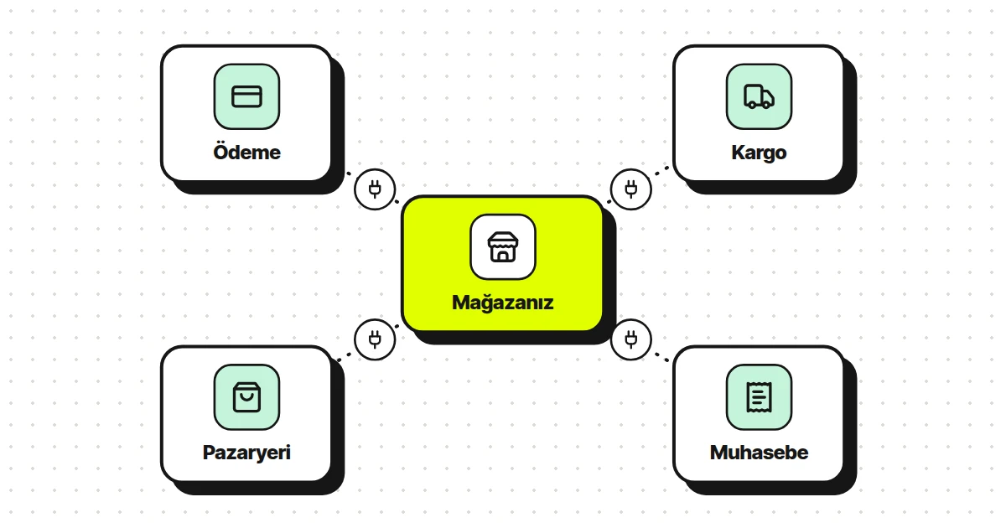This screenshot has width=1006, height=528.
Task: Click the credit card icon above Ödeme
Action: [x=246, y=96]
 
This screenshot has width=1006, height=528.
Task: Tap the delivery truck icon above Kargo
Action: [x=759, y=96]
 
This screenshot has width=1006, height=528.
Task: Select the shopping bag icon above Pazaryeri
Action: [x=246, y=397]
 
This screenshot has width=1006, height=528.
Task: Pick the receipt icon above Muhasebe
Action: [x=759, y=397]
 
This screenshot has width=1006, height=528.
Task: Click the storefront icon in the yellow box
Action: [x=503, y=246]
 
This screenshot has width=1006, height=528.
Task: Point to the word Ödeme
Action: [x=246, y=153]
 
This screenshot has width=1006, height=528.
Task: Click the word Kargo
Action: [x=759, y=153]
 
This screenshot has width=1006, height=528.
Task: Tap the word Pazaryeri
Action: [x=246, y=453]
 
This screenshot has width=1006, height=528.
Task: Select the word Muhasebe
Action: [x=759, y=453]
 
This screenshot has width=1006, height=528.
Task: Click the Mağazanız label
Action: [x=503, y=303]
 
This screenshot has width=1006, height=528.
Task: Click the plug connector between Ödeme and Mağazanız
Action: [x=375, y=189]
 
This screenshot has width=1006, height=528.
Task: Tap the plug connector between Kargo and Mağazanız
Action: [x=631, y=189]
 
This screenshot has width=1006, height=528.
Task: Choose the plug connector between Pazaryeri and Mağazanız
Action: [x=375, y=339]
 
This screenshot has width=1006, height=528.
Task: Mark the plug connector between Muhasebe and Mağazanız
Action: [x=631, y=339]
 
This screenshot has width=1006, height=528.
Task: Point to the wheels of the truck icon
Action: [x=760, y=105]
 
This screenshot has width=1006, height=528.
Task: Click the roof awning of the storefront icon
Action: [x=503, y=240]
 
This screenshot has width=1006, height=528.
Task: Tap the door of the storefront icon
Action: [x=503, y=256]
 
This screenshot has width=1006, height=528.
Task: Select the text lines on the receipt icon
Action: [x=758, y=397]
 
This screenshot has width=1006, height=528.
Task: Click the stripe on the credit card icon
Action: [x=246, y=94]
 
